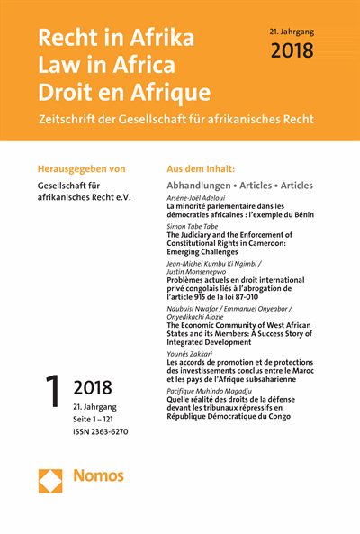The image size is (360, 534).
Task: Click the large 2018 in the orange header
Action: point(293,51)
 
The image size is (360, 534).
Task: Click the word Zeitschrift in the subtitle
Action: point(71,122)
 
